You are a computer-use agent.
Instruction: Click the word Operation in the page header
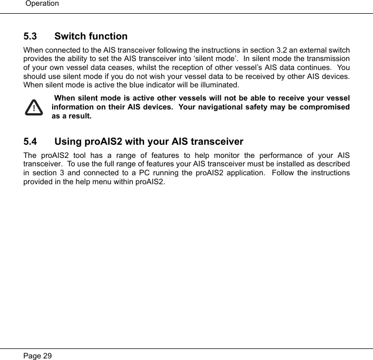point(42,4)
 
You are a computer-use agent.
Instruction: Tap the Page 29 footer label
point(37,356)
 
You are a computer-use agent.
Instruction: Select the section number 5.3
point(31,36)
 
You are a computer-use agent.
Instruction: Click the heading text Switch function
point(91,36)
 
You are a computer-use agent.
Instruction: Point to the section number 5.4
point(31,142)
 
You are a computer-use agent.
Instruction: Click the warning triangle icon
point(34,107)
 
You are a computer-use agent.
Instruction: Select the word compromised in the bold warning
point(327,107)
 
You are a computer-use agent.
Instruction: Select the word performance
point(278,155)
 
